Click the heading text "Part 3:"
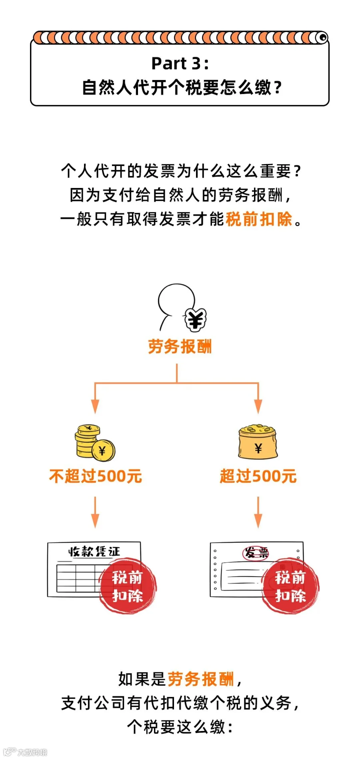(180, 63)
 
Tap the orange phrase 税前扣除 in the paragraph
(259, 219)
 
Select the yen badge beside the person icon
(196, 320)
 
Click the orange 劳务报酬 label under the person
(180, 346)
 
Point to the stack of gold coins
(94, 442)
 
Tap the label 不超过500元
(96, 476)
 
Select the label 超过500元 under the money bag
(258, 476)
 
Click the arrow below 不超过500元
(95, 512)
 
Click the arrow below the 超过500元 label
(258, 512)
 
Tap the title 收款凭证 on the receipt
(94, 551)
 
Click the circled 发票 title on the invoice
(256, 553)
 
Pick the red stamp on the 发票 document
(290, 586)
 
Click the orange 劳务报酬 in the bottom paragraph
(200, 679)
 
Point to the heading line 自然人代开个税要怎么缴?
(182, 88)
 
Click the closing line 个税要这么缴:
(180, 727)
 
